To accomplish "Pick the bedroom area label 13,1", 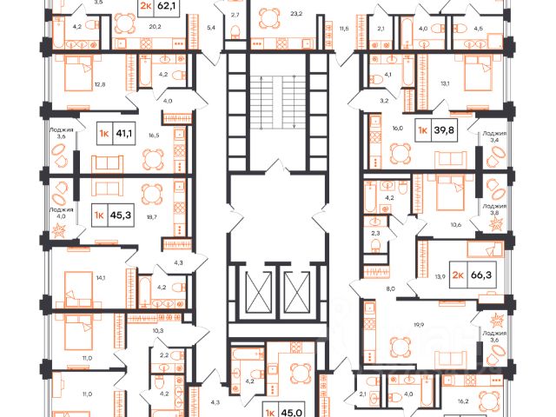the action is click(469, 84).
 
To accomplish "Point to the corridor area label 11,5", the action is click(343, 30).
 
